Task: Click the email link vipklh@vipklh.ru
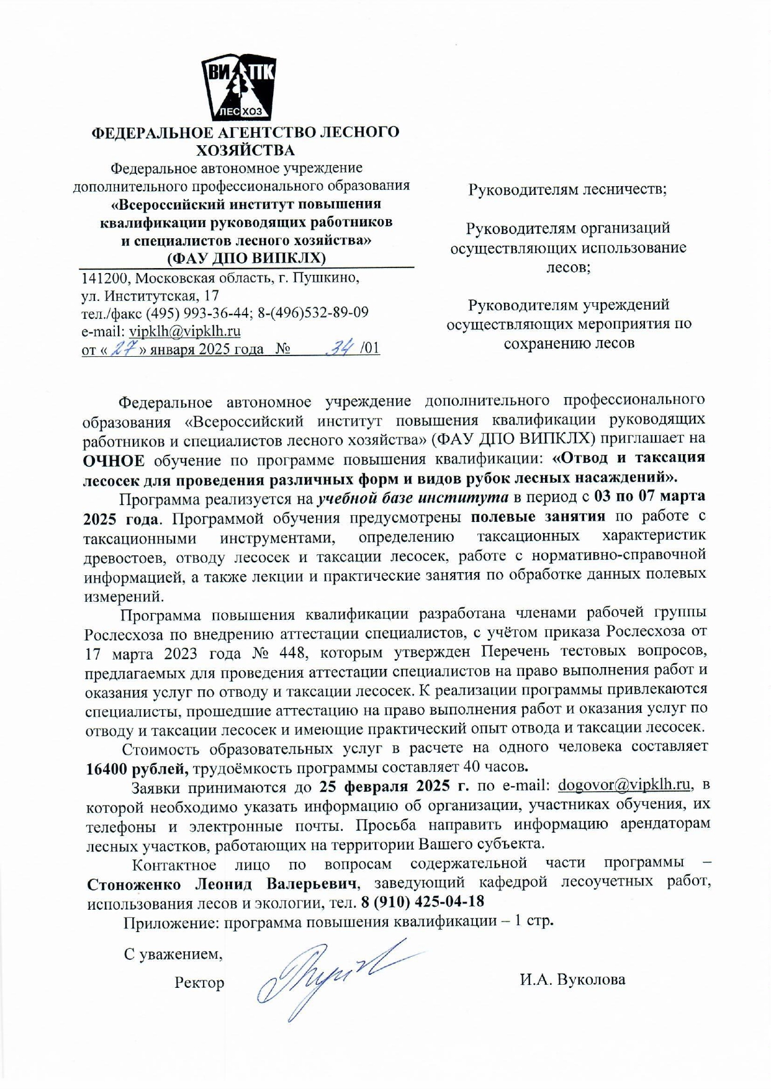coord(185,331)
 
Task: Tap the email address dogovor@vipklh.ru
coord(624,784)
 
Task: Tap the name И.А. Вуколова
coord(572,979)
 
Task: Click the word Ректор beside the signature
coord(199,982)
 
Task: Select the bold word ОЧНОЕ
coord(114,460)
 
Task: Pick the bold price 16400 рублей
coord(137,768)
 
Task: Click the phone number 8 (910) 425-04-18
coord(422,901)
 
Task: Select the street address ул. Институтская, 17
coord(150,295)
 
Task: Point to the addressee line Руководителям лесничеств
coord(567,189)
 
